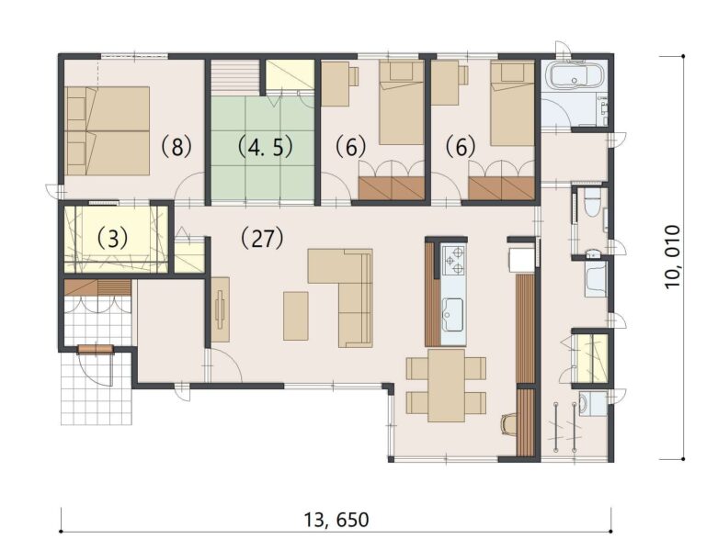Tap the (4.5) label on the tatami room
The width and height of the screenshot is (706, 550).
pyautogui.click(x=259, y=145)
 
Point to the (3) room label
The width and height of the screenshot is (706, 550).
pyautogui.click(x=111, y=237)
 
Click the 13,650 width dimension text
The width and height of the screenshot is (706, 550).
pyautogui.click(x=336, y=520)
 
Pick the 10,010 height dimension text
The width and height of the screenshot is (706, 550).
pyautogui.click(x=673, y=256)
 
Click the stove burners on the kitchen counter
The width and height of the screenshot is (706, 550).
pyautogui.click(x=453, y=260)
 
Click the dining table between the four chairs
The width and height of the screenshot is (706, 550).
pyautogui.click(x=447, y=385)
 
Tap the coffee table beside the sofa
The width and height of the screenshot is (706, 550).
pyautogui.click(x=296, y=315)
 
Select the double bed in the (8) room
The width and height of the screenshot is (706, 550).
pyautogui.click(x=108, y=129)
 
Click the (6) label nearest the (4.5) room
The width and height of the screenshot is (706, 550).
pyautogui.click(x=350, y=145)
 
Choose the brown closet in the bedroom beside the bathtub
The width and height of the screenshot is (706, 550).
pyautogui.click(x=502, y=188)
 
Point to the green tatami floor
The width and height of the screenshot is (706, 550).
pyautogui.click(x=261, y=174)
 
